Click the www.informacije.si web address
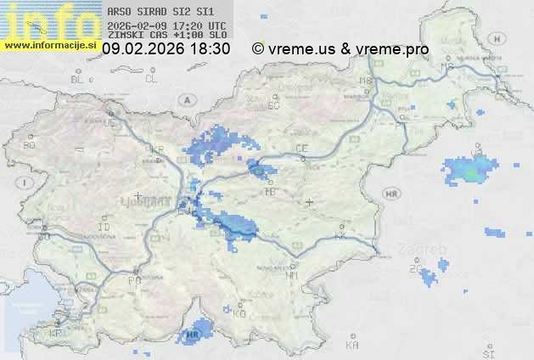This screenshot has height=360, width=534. tap(49, 45)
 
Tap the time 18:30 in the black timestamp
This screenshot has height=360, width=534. tap(211, 49)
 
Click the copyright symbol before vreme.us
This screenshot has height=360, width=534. tap(258, 49)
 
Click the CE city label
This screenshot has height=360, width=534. tap(301, 149)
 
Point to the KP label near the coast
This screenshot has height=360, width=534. tap(55, 334)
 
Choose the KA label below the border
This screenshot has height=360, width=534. tap(352, 346)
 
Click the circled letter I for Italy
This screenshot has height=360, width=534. tap(26, 183)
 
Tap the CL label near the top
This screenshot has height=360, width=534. tap(151, 79)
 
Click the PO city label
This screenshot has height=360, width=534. tap(133, 280)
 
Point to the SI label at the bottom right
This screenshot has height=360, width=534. tap(487, 352)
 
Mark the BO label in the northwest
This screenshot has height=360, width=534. tap(30, 145)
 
